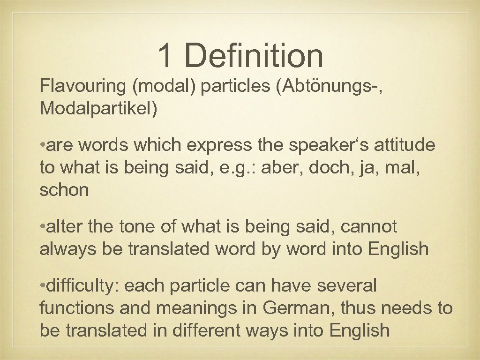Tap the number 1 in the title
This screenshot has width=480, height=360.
pos(165,55)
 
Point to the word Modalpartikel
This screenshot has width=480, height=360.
pos(99,109)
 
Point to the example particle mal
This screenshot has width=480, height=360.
pos(406,168)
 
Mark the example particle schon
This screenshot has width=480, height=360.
pos(64,190)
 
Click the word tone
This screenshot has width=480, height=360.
pos(133,227)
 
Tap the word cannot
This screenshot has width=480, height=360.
pos(368,227)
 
